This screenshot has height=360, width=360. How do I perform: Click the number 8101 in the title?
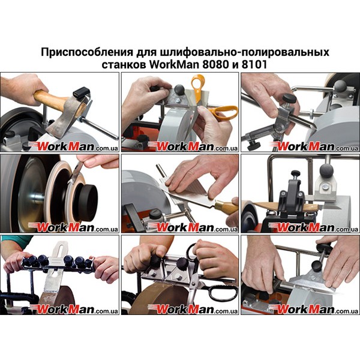(x=254, y=65)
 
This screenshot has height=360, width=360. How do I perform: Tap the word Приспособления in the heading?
(x=87, y=52)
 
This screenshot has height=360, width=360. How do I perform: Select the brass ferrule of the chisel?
(x=221, y=205)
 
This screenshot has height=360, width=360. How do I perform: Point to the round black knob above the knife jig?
(x=327, y=171)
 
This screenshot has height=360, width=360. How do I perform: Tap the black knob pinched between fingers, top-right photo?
(x=289, y=98)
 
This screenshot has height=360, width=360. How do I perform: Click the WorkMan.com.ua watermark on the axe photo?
(x=73, y=146)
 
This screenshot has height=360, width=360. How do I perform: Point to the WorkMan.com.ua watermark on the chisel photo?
(x=193, y=227)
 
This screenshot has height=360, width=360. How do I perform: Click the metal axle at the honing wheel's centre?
(x=37, y=197)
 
